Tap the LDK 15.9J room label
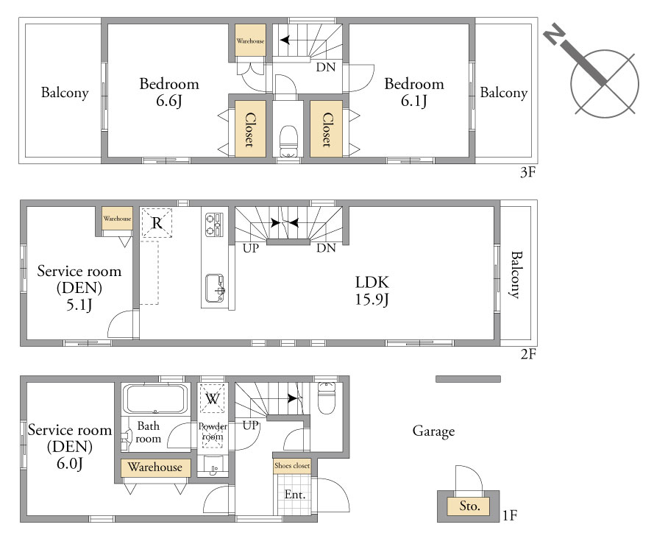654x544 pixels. click(x=372, y=291)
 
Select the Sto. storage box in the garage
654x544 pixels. click(x=469, y=506)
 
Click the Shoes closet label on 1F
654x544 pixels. click(x=292, y=465)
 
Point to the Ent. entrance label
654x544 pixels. click(x=295, y=495)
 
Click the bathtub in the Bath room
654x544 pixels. click(x=154, y=400)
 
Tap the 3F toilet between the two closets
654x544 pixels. click(x=288, y=141)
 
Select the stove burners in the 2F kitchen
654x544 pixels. click(x=214, y=225)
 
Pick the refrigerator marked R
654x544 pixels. click(x=157, y=223)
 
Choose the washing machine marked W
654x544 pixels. click(x=213, y=399)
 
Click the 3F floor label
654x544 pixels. click(x=527, y=172)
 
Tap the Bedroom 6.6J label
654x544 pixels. click(x=169, y=92)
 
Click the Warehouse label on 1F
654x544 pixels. click(x=154, y=467)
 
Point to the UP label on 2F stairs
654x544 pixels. click(x=251, y=248)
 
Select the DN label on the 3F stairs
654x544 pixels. click(x=326, y=67)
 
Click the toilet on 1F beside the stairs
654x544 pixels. click(x=326, y=399)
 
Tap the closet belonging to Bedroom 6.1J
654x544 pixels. click(x=326, y=129)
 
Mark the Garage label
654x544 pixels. click(x=433, y=431)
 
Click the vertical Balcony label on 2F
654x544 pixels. click(x=516, y=275)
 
